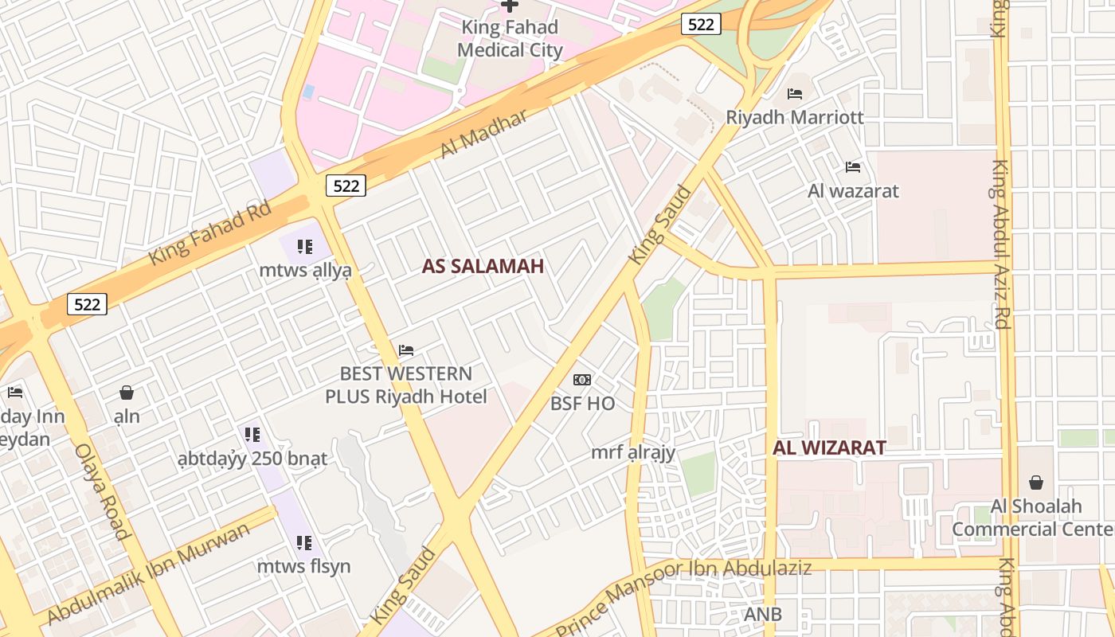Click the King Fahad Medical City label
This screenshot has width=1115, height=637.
pyautogui.click(x=510, y=38)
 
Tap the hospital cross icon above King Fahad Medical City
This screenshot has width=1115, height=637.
pyautogui.click(x=510, y=6)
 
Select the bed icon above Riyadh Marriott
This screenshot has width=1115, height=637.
pyautogui.click(x=794, y=94)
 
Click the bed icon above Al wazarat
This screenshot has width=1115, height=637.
pyautogui.click(x=853, y=167)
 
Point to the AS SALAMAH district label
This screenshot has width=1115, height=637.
pyautogui.click(x=483, y=267)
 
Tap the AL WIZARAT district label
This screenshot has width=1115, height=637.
pyautogui.click(x=829, y=447)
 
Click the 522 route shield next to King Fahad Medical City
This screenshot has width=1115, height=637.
pyautogui.click(x=701, y=25)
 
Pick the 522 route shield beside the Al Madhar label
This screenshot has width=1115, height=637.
pyautogui.click(x=346, y=186)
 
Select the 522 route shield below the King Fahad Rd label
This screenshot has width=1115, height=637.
pyautogui.click(x=87, y=304)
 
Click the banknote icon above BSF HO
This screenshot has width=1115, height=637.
pyautogui.click(x=582, y=380)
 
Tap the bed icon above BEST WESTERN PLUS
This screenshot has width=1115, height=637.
pyautogui.click(x=406, y=350)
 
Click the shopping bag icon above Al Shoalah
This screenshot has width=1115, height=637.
pyautogui.click(x=1036, y=483)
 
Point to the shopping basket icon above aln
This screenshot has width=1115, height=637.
pyautogui.click(x=126, y=393)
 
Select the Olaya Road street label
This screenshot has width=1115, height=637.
pyautogui.click(x=102, y=490)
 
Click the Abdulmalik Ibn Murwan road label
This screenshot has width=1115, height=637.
pyautogui.click(x=149, y=573)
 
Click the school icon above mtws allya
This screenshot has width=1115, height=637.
pyautogui.click(x=304, y=247)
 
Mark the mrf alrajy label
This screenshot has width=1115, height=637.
pyautogui.click(x=633, y=453)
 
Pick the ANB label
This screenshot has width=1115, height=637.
pyautogui.click(x=762, y=614)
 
